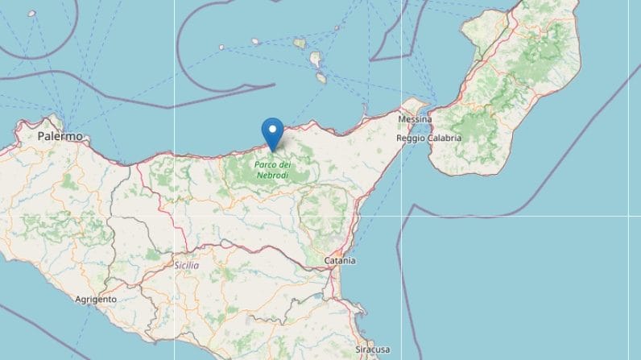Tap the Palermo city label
tap(60, 138)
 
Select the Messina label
tap(415, 120)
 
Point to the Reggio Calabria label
tap(429, 138)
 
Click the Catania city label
tap(341, 262)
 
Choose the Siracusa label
tap(373, 350)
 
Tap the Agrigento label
tap(96, 299)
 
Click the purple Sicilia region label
tap(186, 265)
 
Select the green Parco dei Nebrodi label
tap(273, 169)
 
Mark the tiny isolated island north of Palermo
tap(32, 14)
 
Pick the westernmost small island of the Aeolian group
tap(222, 47)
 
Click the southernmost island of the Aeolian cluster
tap(320, 78)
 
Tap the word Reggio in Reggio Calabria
tap(411, 138)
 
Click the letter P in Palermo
tap(41, 138)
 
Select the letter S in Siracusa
tap(358, 350)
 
